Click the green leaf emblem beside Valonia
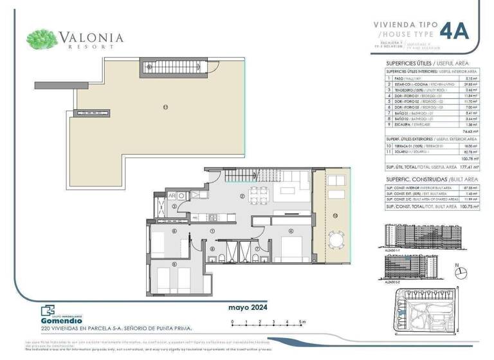click(x=42, y=39)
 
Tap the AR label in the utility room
click(x=172, y=195)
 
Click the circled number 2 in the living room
click(x=241, y=196)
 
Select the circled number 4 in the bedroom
click(x=291, y=231)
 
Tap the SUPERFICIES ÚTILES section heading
click(x=408, y=63)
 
